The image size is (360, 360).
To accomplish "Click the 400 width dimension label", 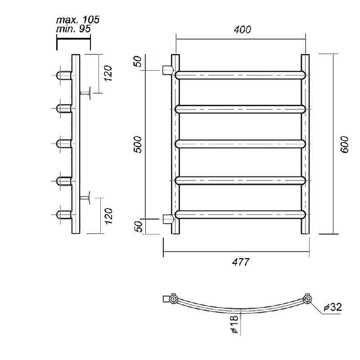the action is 243,30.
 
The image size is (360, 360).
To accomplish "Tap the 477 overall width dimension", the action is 240,262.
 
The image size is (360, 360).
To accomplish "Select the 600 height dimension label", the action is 344,144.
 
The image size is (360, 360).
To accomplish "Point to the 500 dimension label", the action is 138,144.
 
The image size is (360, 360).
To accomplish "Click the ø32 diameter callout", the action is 333,307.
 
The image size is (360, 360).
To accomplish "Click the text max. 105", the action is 77,20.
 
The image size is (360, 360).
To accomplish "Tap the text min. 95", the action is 73,29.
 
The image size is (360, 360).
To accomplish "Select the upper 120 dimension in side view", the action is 108,73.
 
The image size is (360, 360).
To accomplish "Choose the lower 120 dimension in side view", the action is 108,216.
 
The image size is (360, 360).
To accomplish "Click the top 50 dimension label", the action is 138,62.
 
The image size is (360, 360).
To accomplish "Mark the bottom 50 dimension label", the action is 138,226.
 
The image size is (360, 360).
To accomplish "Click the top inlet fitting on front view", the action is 168,70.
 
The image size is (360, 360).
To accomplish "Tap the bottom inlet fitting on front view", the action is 168,219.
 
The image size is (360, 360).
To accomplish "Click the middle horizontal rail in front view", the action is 240,144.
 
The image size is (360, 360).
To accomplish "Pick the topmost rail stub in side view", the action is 64,75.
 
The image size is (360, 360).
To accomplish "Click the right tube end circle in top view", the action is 307,299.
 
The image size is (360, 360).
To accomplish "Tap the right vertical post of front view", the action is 305,144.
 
